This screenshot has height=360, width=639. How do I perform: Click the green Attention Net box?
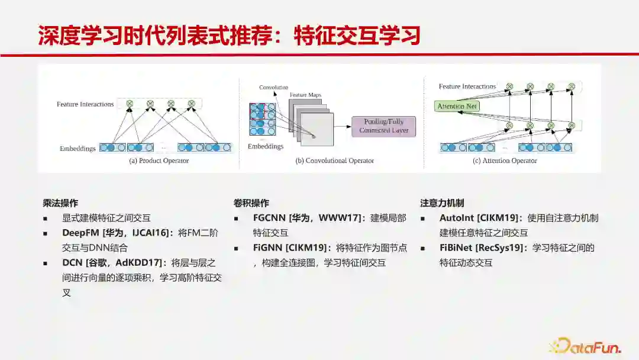(457, 107)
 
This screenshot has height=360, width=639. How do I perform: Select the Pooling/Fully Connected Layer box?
(383, 126)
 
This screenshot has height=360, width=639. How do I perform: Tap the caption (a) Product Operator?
(159, 160)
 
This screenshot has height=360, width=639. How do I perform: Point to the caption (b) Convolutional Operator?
(335, 160)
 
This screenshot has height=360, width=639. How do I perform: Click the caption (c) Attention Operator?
(505, 160)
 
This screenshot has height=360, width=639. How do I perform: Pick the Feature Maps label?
(305, 95)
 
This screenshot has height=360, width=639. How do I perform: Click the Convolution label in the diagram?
(273, 88)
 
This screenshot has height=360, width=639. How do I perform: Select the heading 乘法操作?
(60, 203)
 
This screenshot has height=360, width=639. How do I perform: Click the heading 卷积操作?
(251, 203)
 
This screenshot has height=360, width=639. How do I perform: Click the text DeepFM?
(81, 233)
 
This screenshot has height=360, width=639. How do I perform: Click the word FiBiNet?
(456, 247)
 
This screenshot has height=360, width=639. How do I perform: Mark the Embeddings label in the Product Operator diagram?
(78, 149)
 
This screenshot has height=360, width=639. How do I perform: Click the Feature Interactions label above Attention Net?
(467, 86)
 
